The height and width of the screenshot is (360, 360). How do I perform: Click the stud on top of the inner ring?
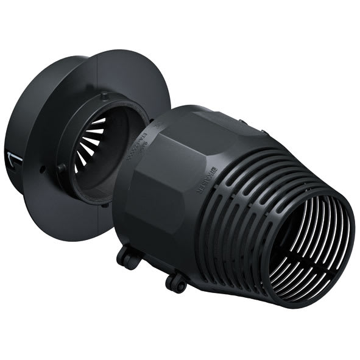coord(105,95)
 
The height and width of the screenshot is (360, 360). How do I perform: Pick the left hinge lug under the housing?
coord(129,258)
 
